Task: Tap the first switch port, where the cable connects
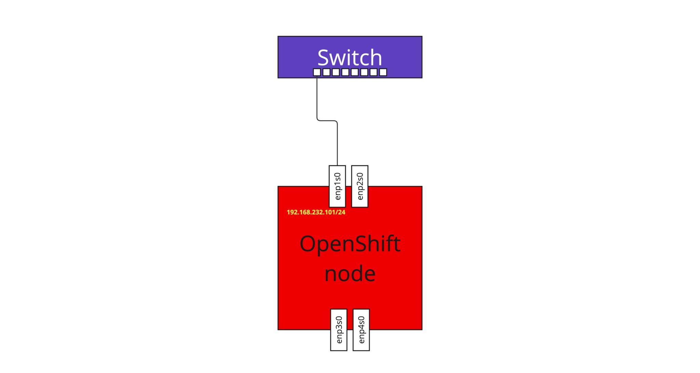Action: [317, 72]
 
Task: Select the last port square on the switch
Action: [383, 72]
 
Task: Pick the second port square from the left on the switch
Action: [326, 72]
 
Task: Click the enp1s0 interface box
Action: [337, 186]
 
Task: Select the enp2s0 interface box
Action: [360, 186]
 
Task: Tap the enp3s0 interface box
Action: [339, 330]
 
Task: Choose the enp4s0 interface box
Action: [361, 330]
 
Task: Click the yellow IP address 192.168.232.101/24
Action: [316, 212]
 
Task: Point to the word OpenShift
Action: [350, 244]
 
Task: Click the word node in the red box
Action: [350, 274]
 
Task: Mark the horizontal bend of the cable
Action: [327, 121]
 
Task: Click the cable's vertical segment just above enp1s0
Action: [337, 150]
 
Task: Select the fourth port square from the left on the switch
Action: [345, 72]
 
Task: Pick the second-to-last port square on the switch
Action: [374, 72]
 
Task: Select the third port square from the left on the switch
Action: [336, 72]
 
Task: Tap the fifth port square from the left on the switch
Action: [355, 72]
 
